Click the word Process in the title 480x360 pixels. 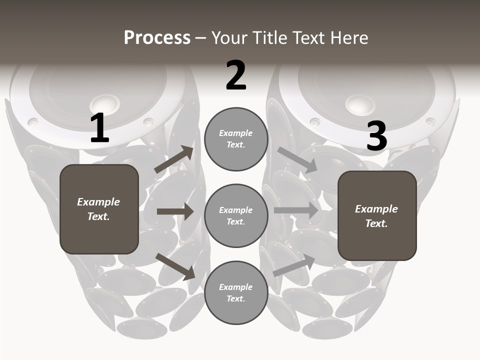(157, 38)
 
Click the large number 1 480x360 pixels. (99, 128)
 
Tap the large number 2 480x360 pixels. (236, 76)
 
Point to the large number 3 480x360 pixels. (376, 136)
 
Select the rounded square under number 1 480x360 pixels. (99, 209)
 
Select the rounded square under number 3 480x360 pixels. (377, 215)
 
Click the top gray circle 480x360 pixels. (236, 139)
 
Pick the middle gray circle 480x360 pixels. (236, 215)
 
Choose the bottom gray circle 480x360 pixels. (236, 292)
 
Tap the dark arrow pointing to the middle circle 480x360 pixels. (175, 211)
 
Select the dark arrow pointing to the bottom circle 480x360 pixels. (175, 266)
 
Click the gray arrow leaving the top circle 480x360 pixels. (297, 160)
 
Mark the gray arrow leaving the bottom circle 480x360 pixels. (294, 266)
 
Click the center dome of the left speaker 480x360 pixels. (105, 103)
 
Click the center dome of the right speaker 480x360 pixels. (360, 103)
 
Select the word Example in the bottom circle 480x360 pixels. (236, 287)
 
